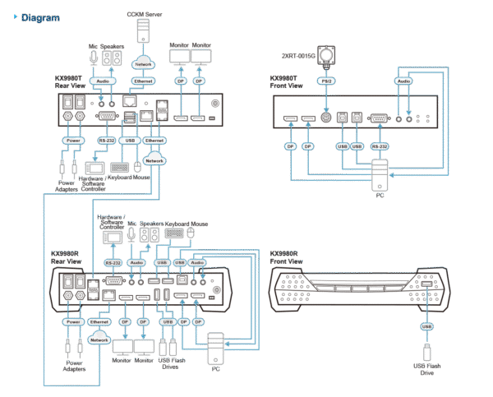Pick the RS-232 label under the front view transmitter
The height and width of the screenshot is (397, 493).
point(379,145)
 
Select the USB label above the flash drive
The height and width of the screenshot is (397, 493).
point(426,326)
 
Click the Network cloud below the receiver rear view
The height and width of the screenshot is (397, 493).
point(99,339)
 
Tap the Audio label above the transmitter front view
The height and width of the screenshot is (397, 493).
point(404,81)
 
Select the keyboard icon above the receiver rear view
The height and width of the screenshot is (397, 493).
point(174,233)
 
